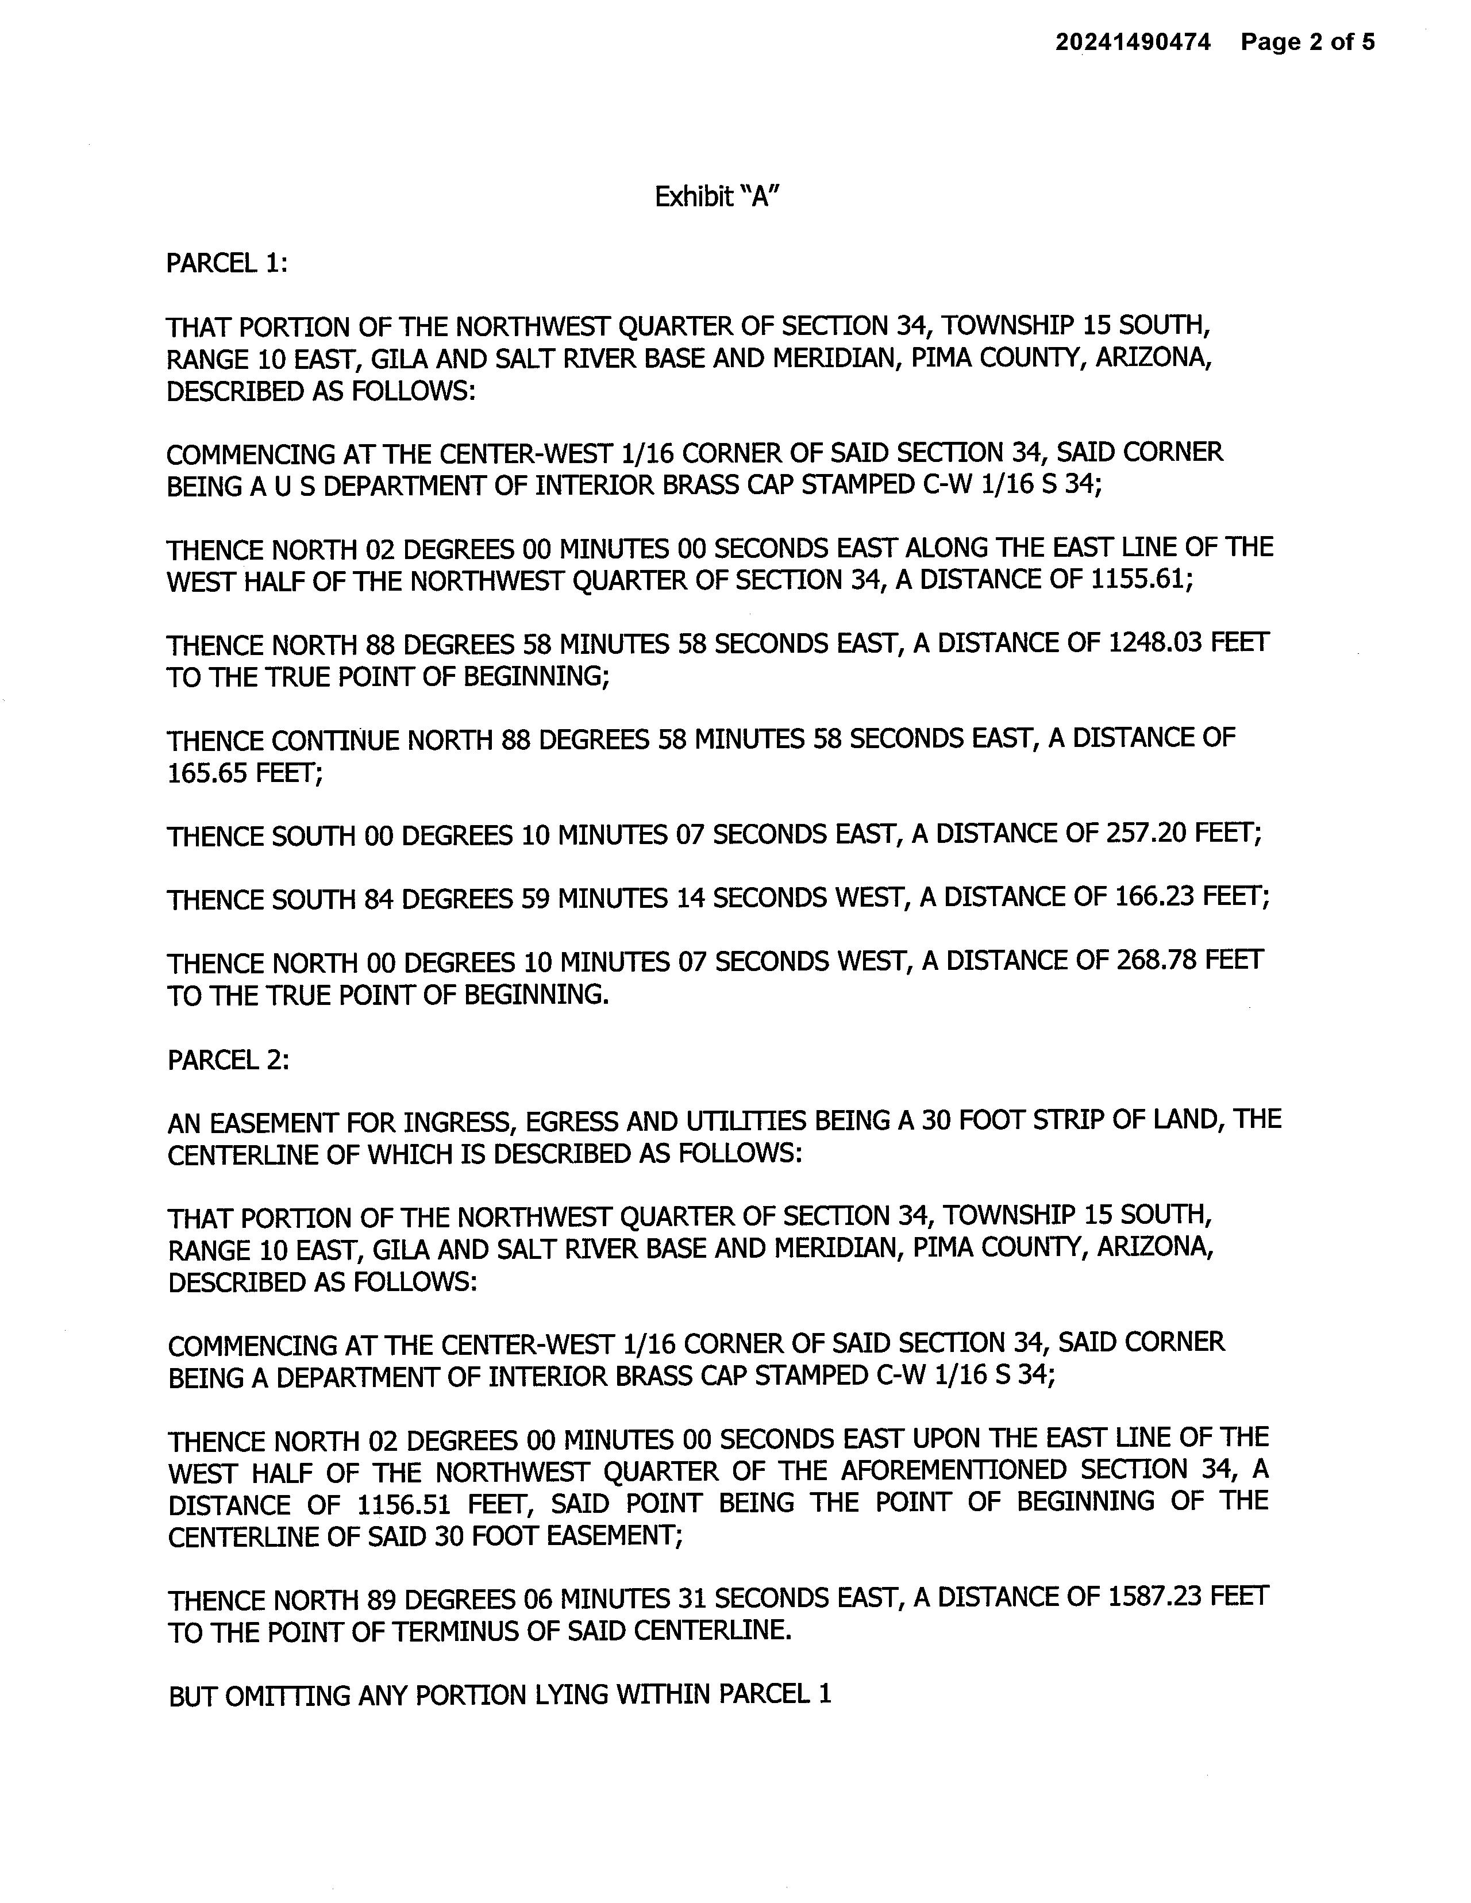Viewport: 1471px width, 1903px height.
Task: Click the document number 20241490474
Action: tap(1133, 42)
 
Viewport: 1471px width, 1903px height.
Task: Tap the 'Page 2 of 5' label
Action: tap(1308, 42)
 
